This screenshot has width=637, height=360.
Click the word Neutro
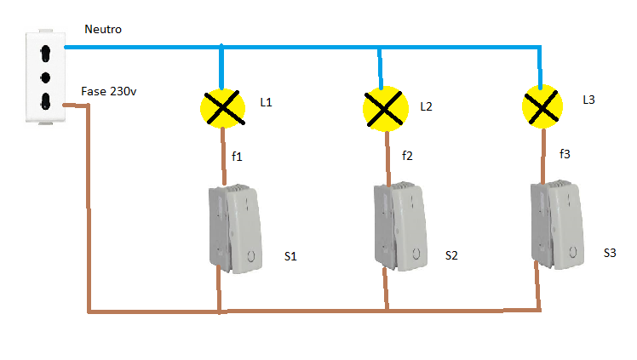[103, 29]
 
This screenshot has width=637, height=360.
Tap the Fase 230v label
[108, 91]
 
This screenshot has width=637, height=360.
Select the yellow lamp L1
[223, 108]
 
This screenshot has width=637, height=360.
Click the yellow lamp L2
[385, 109]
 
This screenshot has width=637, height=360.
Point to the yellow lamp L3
[542, 106]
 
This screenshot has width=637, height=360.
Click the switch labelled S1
[235, 228]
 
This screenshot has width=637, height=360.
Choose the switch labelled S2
[400, 226]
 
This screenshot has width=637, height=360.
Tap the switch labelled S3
[557, 224]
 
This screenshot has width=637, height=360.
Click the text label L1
[266, 102]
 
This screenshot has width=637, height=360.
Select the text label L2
[426, 106]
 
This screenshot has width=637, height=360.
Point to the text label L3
[588, 100]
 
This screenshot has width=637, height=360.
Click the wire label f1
[237, 157]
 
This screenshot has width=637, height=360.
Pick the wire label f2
[407, 156]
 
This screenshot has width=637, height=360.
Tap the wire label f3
[565, 154]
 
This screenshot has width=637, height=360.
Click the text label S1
[290, 256]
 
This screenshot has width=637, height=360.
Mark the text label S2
[451, 255]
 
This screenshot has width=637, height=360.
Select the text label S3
[610, 254]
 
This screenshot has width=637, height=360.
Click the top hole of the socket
[45, 54]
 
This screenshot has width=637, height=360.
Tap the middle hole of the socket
[45, 77]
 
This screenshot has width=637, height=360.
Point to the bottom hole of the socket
[45, 101]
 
